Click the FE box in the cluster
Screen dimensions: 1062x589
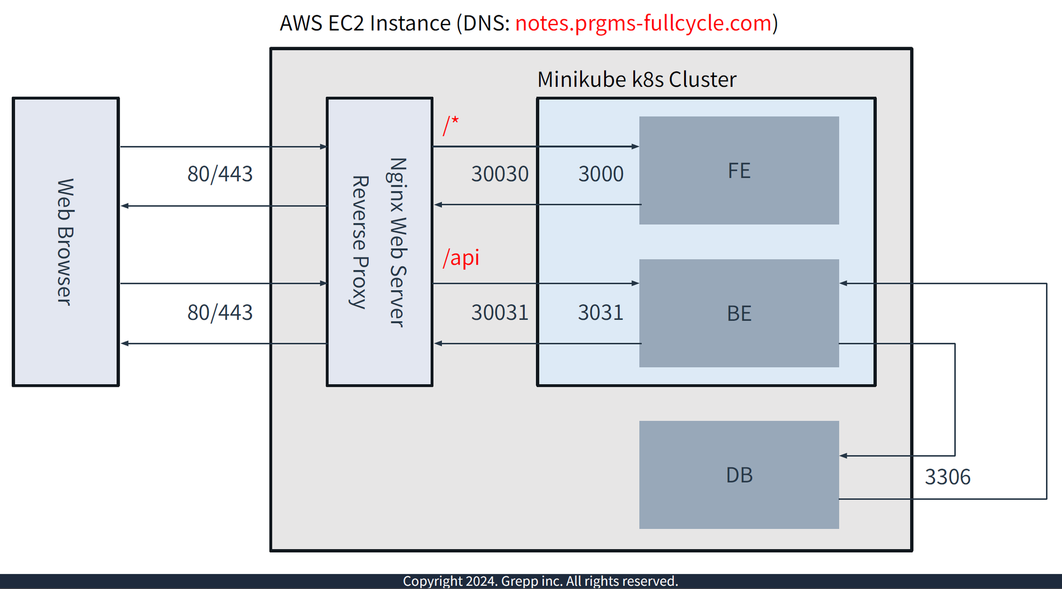point(739,170)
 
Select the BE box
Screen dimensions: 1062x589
point(739,313)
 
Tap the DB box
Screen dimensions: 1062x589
point(739,475)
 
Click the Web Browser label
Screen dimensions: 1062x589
point(65,242)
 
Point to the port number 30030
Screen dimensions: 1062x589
point(500,174)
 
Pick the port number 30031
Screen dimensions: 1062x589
point(500,313)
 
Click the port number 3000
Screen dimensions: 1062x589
point(601,174)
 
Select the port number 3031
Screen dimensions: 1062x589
point(601,313)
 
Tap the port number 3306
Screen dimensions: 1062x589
point(947,477)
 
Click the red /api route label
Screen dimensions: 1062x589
point(461,257)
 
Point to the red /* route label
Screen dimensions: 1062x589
point(451,126)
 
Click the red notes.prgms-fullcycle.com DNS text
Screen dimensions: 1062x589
point(643,23)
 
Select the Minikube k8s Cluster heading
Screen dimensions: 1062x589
point(637,80)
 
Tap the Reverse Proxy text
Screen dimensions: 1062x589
point(360,242)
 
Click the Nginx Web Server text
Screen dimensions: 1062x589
point(398,242)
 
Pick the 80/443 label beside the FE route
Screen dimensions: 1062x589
point(220,174)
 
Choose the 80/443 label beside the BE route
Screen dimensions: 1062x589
point(220,313)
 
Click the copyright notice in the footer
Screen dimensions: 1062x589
point(540,581)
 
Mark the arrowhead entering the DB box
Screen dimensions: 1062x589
point(843,456)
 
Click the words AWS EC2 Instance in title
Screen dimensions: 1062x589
point(365,23)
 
